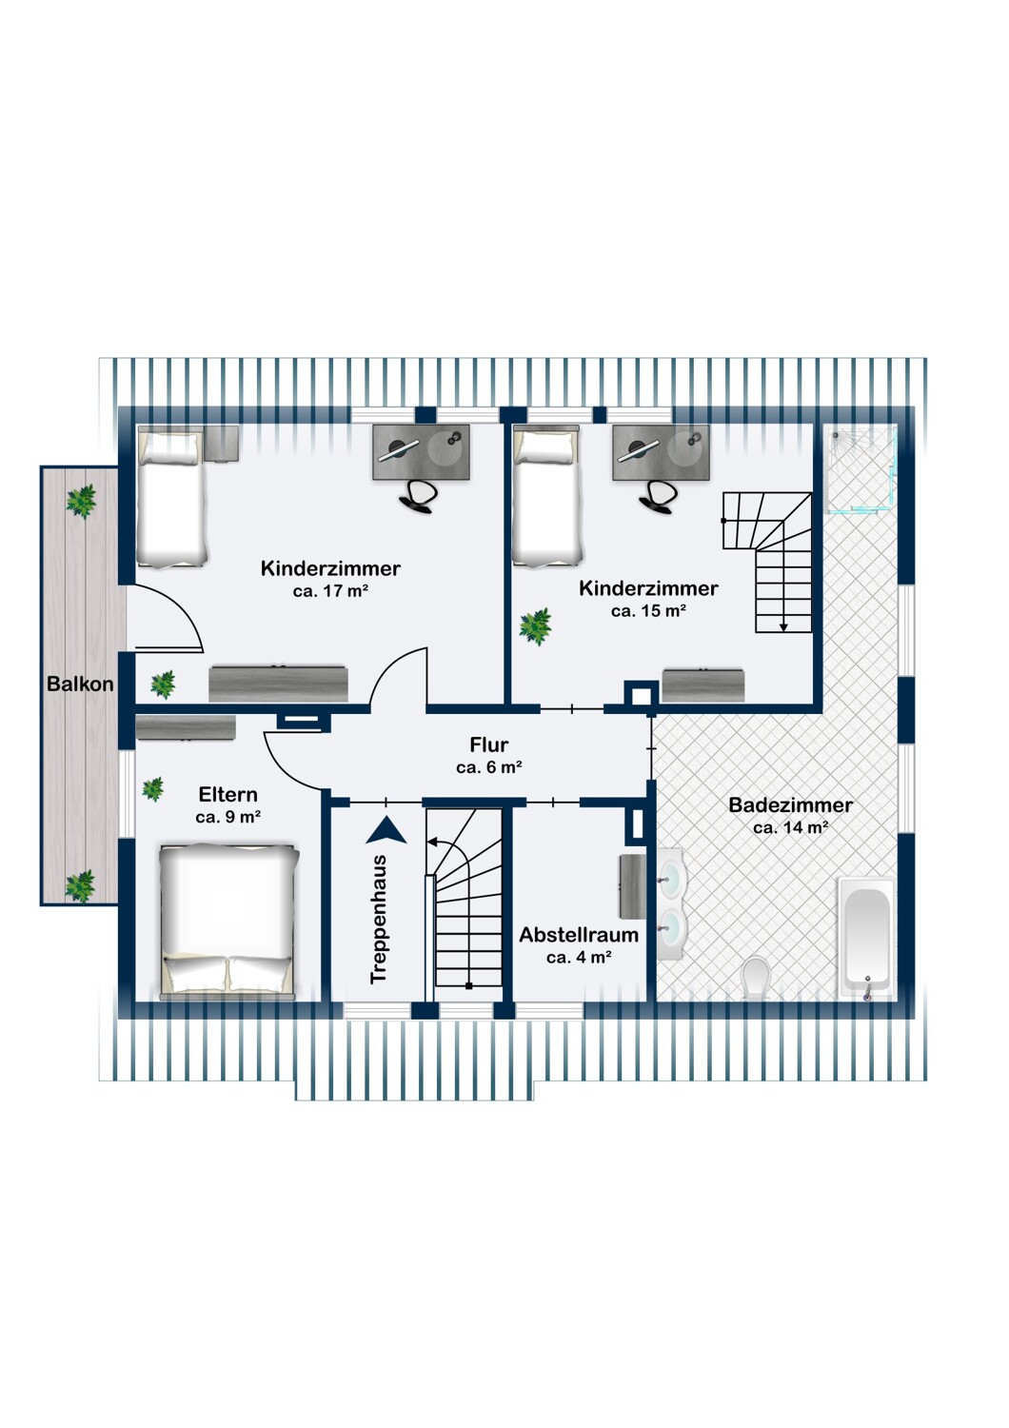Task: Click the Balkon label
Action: (80, 684)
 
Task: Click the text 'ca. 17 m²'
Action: (331, 591)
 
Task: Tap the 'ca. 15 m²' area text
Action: (648, 611)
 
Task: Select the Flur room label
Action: (489, 744)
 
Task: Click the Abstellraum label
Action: (579, 935)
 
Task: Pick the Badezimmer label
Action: (790, 804)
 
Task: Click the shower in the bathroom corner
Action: (861, 470)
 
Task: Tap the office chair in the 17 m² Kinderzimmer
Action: (420, 494)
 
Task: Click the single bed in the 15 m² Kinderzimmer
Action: (547, 496)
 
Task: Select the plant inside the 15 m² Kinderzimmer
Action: (535, 626)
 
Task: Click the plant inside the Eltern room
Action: (152, 789)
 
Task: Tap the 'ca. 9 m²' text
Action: (228, 817)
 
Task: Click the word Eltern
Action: (228, 794)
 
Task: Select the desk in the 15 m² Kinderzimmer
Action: (661, 452)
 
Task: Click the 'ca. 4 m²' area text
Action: (579, 957)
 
